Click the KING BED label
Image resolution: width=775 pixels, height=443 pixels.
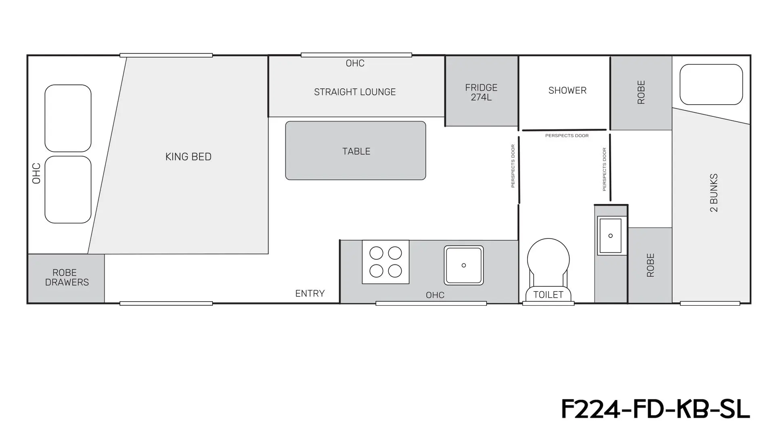tap(188, 157)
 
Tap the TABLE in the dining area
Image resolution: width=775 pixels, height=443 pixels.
tap(356, 151)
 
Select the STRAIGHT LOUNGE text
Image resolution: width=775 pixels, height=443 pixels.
tap(355, 92)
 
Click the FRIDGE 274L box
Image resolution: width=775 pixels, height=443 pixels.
tap(482, 91)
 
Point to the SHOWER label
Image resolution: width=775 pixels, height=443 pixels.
tap(567, 90)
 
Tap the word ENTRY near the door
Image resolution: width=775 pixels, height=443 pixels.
tap(310, 294)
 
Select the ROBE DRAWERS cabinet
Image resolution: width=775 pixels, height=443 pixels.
tap(66, 278)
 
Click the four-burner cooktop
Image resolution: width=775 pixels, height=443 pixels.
tap(385, 262)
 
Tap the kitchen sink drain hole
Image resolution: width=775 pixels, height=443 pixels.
tap(464, 265)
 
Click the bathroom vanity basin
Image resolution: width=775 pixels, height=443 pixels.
tap(610, 236)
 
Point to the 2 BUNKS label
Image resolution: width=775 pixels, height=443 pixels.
tap(714, 193)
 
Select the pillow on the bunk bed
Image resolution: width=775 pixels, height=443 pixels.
tap(711, 84)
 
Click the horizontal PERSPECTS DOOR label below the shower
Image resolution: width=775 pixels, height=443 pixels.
tap(567, 136)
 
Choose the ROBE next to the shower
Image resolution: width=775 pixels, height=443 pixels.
tap(641, 92)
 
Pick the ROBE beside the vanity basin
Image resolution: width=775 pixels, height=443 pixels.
tap(650, 265)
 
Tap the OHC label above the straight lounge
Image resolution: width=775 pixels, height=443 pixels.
tap(355, 63)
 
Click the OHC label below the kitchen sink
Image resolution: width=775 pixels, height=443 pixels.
tap(435, 295)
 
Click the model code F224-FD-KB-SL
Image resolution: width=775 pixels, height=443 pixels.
tap(656, 409)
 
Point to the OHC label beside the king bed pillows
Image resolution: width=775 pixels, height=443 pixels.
tap(36, 173)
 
